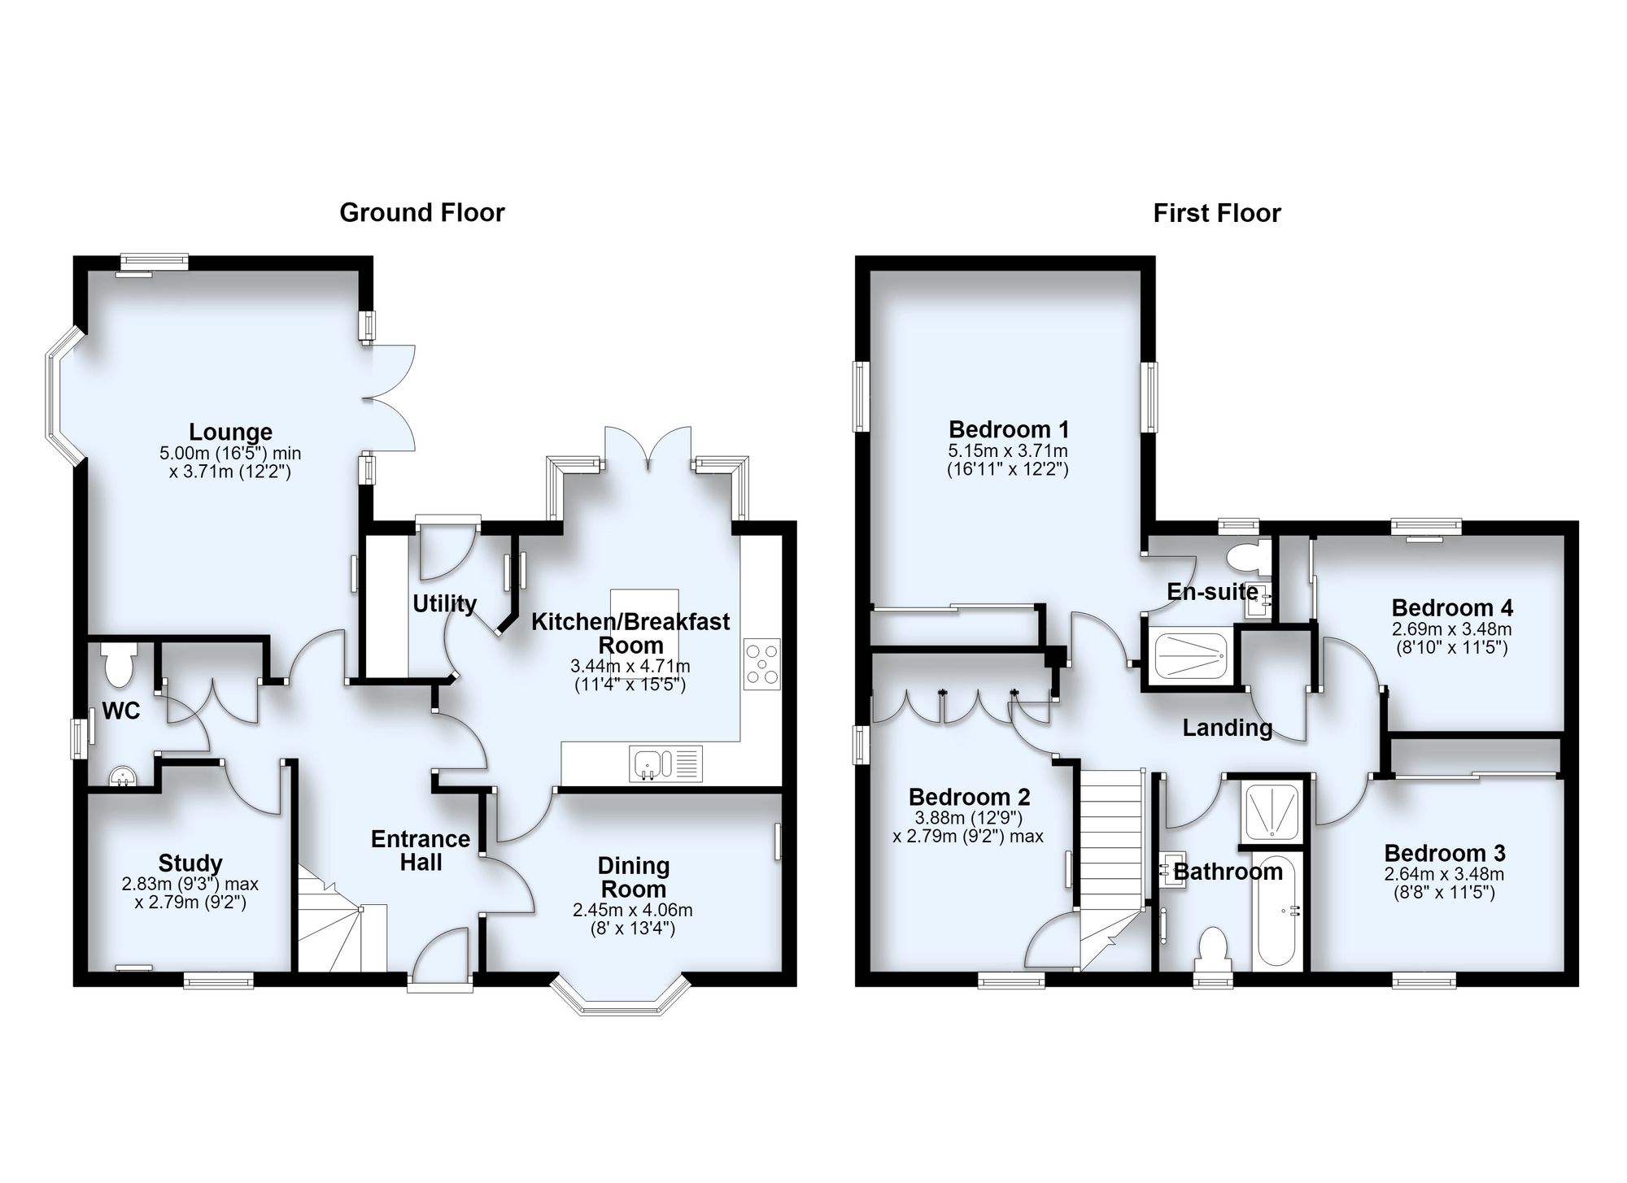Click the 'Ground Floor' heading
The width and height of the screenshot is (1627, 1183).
pos(422,213)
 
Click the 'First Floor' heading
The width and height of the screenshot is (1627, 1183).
pos(1217,214)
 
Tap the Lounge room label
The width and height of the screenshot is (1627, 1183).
pos(231,432)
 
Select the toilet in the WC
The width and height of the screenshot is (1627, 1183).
pos(120,663)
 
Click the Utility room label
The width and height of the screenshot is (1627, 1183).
pos(444,604)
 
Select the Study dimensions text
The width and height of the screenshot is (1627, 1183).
pos(190,893)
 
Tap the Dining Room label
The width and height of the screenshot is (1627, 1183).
pos(634,877)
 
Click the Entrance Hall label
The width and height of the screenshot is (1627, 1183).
pos(421,850)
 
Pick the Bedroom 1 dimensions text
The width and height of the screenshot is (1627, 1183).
pos(1008,460)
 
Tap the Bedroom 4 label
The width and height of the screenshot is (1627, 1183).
pos(1452,608)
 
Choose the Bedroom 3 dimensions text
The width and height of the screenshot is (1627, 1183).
pos(1445,884)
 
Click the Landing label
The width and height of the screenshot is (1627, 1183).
pos(1228,728)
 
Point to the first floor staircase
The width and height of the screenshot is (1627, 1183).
pos(1111,869)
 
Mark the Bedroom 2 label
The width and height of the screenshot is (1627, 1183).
pos(970,797)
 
